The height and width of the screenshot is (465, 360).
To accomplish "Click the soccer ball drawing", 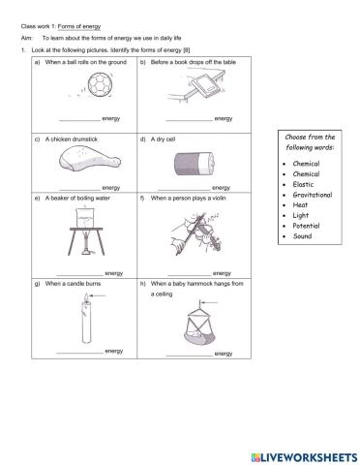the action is click(101, 84).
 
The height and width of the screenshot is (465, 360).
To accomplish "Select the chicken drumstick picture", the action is click(90, 158).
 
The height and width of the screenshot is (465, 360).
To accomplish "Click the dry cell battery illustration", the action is click(195, 164).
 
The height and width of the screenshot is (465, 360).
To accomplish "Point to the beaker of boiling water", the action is click(85, 217).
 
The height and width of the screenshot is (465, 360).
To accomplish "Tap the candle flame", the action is click(86, 297).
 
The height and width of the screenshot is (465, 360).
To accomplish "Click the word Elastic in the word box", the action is click(303, 184).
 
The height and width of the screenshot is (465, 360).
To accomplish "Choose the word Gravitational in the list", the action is click(313, 195).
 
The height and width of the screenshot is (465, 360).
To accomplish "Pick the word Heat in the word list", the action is click(300, 205).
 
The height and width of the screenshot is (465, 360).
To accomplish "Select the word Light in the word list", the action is click(301, 215).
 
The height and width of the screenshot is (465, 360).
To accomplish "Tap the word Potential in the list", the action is click(306, 226).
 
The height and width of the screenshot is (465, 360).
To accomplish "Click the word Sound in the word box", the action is click(302, 236).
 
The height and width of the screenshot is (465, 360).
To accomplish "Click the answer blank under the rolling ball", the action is click(80, 121).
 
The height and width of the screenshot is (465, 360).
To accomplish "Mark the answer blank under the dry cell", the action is click(184, 190).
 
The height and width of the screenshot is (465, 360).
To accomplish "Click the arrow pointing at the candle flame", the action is click(98, 295).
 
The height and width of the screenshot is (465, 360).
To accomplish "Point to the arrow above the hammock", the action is click(209, 303).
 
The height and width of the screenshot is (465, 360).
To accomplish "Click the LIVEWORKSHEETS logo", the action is click(304, 457).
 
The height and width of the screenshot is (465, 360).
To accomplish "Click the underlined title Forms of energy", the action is click(79, 26).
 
